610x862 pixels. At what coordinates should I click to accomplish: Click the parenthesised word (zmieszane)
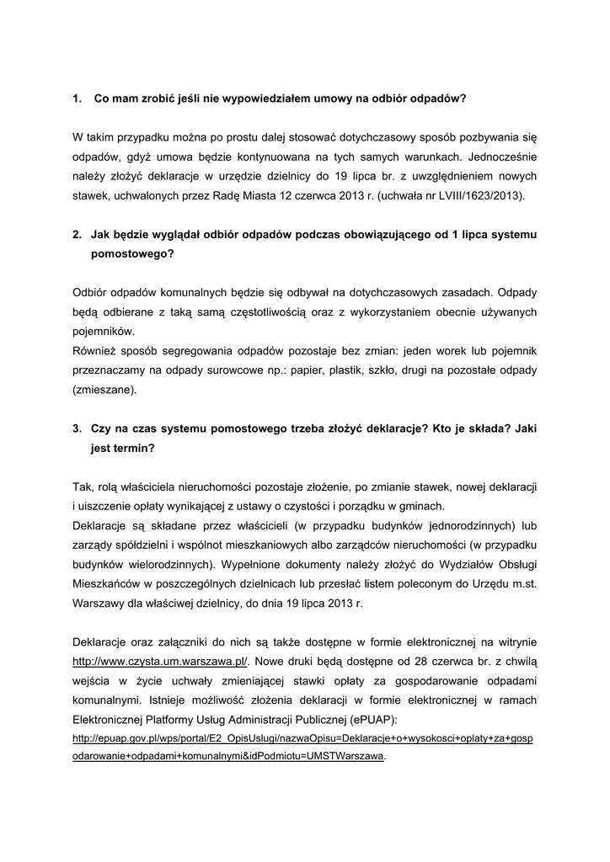[104, 390]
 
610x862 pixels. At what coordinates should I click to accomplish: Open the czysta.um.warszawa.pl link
[160, 662]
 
